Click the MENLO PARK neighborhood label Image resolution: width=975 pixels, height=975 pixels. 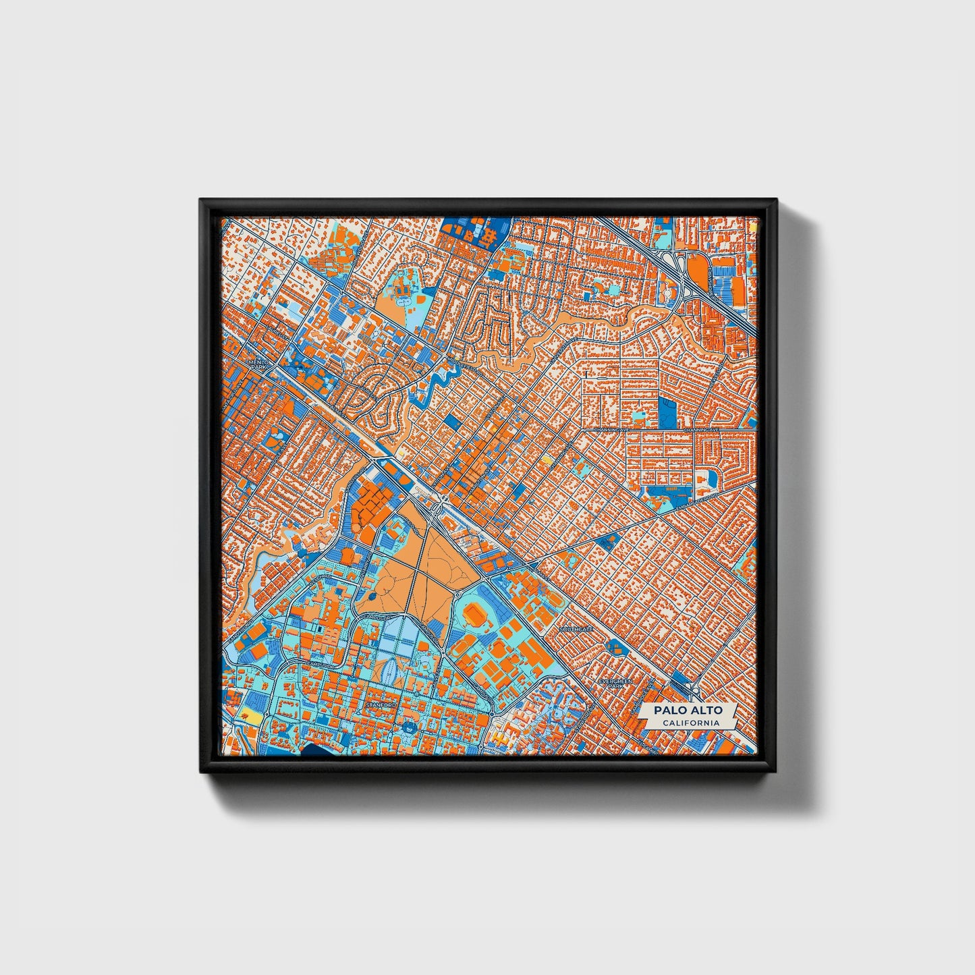258,364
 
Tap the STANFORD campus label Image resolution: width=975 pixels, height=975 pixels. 378,704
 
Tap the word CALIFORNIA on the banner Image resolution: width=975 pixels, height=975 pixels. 690,723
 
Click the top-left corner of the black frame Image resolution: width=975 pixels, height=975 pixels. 202,202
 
